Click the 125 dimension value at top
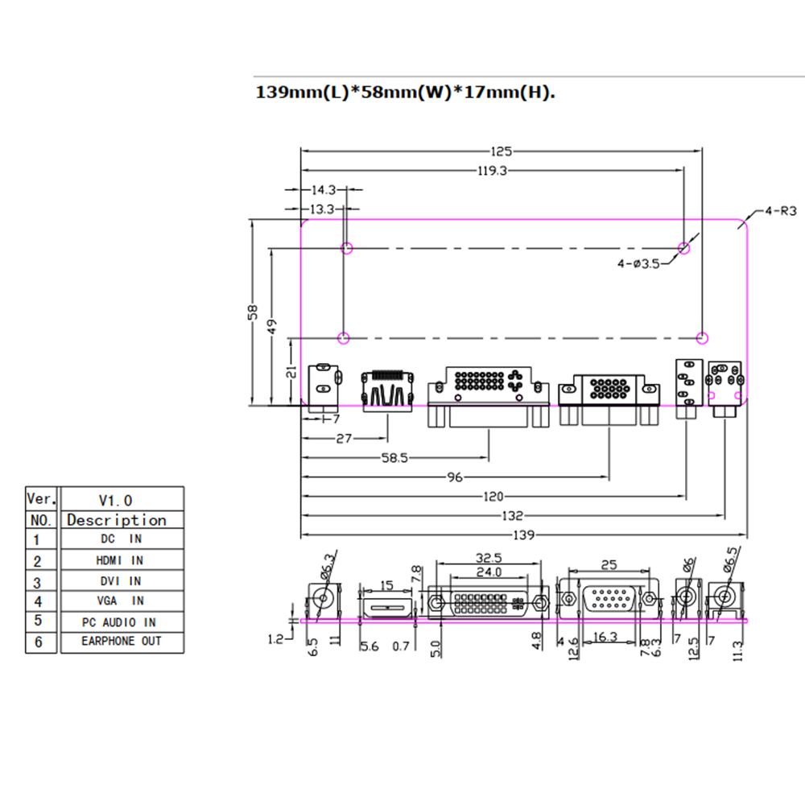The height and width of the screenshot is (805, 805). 501,151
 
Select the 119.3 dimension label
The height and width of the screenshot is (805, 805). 492,171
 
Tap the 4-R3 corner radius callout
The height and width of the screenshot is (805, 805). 780,210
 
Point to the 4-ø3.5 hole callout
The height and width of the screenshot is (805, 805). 638,264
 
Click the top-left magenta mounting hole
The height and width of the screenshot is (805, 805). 347,249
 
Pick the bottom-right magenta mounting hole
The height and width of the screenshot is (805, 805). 702,338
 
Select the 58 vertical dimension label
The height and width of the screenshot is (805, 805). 253,312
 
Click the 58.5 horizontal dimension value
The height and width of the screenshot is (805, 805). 394,457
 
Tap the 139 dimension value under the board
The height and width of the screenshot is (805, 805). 524,535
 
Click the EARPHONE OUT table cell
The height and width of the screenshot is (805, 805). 122,642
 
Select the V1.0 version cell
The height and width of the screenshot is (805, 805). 122,499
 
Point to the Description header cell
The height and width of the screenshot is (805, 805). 122,519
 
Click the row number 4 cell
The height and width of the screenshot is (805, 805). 40,601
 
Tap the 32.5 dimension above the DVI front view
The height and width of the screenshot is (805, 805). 489,558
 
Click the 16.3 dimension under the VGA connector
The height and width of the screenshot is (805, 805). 605,637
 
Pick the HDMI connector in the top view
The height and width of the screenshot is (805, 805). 388,390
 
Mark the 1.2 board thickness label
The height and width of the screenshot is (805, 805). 275,639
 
